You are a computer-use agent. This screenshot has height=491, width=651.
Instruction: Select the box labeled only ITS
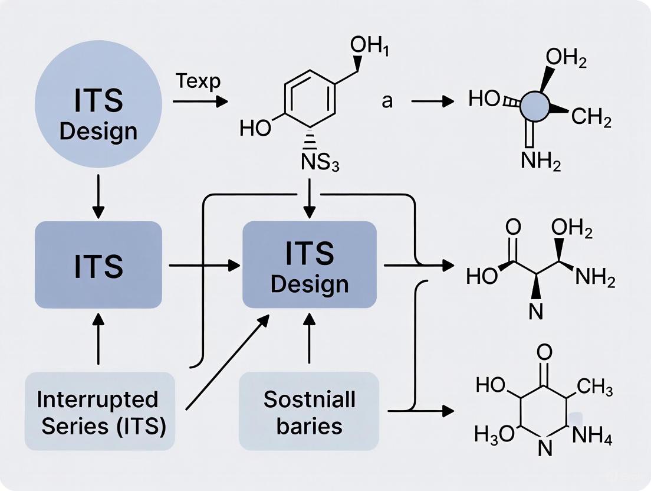(98, 265)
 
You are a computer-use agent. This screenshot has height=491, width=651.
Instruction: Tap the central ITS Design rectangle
(310, 265)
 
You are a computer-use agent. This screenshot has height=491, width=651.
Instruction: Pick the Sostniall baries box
(308, 411)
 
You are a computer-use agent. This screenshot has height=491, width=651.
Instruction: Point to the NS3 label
(320, 162)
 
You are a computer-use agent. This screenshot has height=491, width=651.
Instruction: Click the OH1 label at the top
(370, 45)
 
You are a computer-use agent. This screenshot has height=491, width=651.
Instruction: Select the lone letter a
(387, 101)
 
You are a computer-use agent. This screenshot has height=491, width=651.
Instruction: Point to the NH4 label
(593, 437)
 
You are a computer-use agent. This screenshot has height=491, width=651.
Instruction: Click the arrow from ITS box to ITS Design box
(200, 266)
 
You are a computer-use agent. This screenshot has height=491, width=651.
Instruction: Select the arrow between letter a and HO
(432, 102)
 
